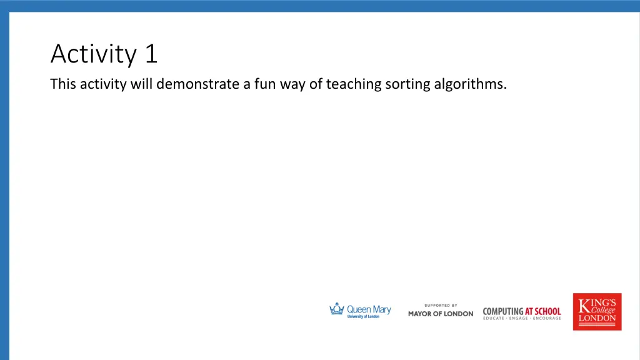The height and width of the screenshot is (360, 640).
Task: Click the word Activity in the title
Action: pyautogui.click(x=92, y=55)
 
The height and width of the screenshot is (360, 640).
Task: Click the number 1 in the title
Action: pyautogui.click(x=151, y=54)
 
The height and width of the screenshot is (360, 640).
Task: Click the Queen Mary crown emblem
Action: pyautogui.click(x=337, y=309)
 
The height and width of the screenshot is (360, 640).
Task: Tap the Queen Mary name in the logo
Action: pyautogui.click(x=369, y=309)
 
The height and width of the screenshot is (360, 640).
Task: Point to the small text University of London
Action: pyautogui.click(x=363, y=317)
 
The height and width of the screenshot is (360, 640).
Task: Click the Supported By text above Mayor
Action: pyautogui.click(x=441, y=306)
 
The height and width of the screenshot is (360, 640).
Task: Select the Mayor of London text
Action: pyautogui.click(x=441, y=314)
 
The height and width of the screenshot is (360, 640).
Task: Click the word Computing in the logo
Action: pyautogui.click(x=503, y=311)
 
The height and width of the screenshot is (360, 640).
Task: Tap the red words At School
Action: pyautogui.click(x=542, y=311)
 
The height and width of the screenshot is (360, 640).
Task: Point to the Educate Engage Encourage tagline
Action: pyautogui.click(x=522, y=319)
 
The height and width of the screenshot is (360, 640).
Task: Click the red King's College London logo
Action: pyautogui.click(x=597, y=311)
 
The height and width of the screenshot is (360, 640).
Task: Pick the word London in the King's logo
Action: pyautogui.click(x=597, y=318)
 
